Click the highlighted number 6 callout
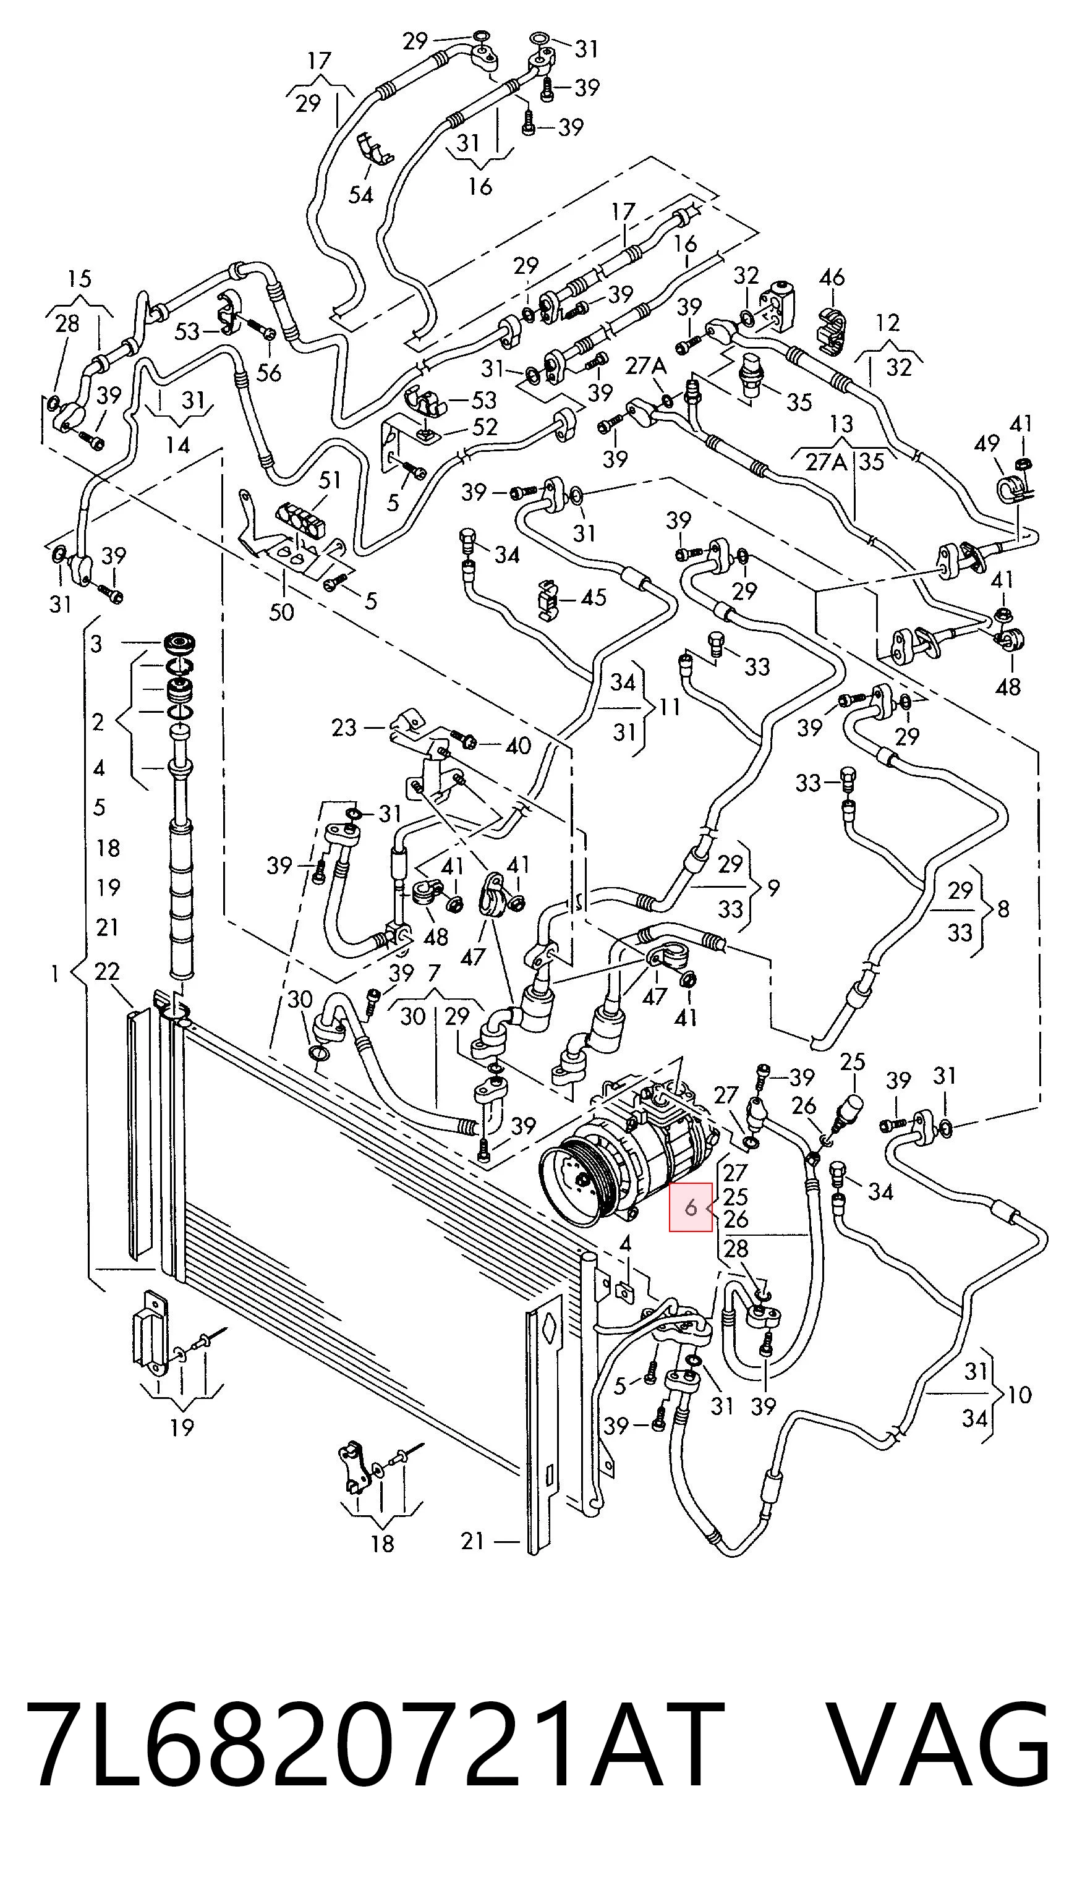[x=691, y=1207]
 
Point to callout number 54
[x=361, y=195]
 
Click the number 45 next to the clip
[x=594, y=597]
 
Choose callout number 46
[x=832, y=278]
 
